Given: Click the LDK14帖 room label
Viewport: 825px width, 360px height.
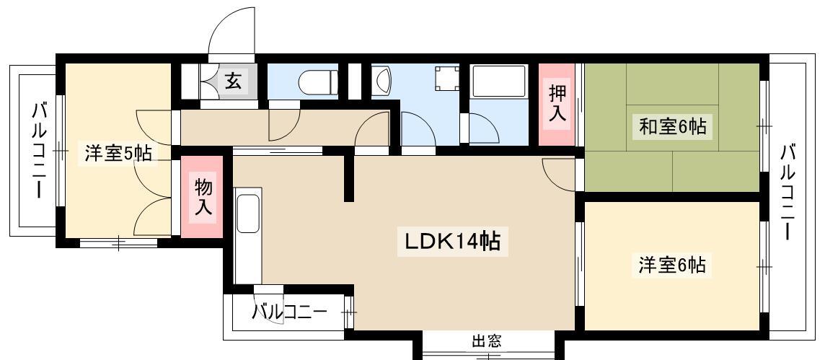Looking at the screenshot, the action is [x=452, y=242].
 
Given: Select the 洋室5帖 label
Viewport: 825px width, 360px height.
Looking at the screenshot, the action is [x=118, y=154].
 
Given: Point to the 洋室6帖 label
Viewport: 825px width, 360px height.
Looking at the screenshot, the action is [x=672, y=265].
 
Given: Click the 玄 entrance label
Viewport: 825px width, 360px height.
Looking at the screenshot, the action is [x=233, y=81].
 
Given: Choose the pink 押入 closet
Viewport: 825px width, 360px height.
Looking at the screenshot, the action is [x=557, y=104].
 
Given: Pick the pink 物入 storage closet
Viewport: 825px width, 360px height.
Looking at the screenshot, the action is [x=203, y=197].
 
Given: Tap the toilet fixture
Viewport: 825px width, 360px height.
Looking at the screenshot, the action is [x=318, y=82].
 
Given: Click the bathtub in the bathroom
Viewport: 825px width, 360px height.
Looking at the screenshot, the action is [x=499, y=81].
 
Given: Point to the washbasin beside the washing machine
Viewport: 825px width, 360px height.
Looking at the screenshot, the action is [x=381, y=81].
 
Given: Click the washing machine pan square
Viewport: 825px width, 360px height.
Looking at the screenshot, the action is [x=446, y=79].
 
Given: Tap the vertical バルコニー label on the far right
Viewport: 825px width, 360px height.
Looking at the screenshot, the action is [x=787, y=192].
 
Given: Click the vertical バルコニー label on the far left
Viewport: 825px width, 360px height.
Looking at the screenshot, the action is [x=38, y=151].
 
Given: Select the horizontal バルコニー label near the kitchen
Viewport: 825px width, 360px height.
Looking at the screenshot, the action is [x=289, y=312].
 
